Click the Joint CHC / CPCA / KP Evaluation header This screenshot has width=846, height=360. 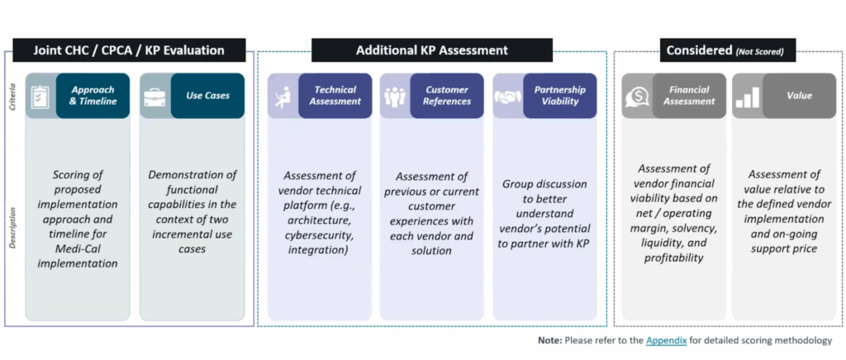(x=129, y=50)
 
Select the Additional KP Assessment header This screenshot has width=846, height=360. (x=431, y=50)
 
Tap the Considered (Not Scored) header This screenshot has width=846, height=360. (x=724, y=51)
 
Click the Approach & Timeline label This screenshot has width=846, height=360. (x=93, y=96)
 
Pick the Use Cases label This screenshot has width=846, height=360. (x=207, y=96)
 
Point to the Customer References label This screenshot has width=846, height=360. (x=447, y=96)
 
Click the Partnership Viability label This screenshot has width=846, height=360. (x=559, y=96)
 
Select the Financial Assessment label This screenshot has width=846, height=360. (x=689, y=96)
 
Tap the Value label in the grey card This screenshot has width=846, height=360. (x=800, y=96)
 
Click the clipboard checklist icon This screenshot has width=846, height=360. (x=40, y=97)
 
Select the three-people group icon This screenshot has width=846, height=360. (x=395, y=97)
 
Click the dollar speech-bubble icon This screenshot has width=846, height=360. (x=636, y=97)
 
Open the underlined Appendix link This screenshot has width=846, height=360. (x=666, y=340)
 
